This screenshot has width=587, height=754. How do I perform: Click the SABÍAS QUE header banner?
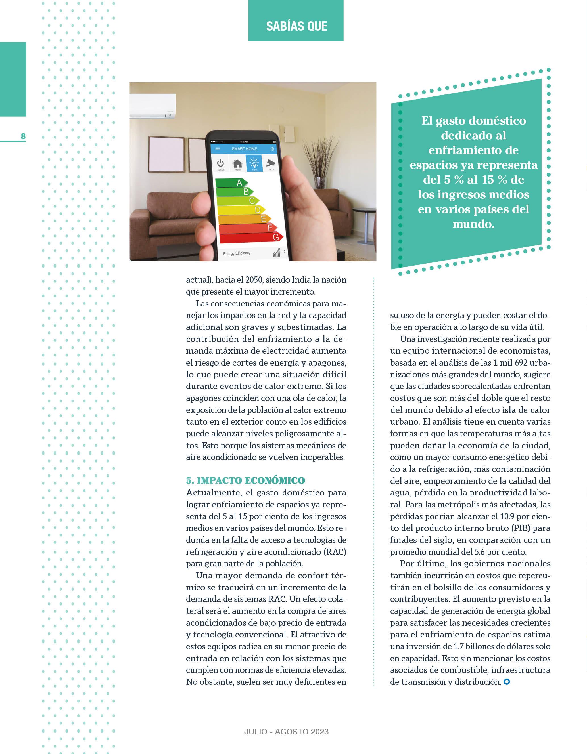(x=296, y=26)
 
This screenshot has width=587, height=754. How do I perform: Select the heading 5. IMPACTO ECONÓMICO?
(x=245, y=480)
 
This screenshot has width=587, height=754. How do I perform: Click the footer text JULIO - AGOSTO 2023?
(x=287, y=731)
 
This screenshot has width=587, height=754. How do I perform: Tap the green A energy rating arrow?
(x=231, y=183)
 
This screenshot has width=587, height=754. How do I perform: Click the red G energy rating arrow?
(x=251, y=237)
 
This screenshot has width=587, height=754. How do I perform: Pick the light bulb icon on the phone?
(x=254, y=163)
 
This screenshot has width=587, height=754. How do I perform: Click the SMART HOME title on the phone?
(x=244, y=149)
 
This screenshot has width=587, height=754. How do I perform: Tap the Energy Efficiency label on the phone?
(x=237, y=253)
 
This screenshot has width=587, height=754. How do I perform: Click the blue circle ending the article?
(x=507, y=682)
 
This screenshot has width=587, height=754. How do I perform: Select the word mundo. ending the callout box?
(x=473, y=224)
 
